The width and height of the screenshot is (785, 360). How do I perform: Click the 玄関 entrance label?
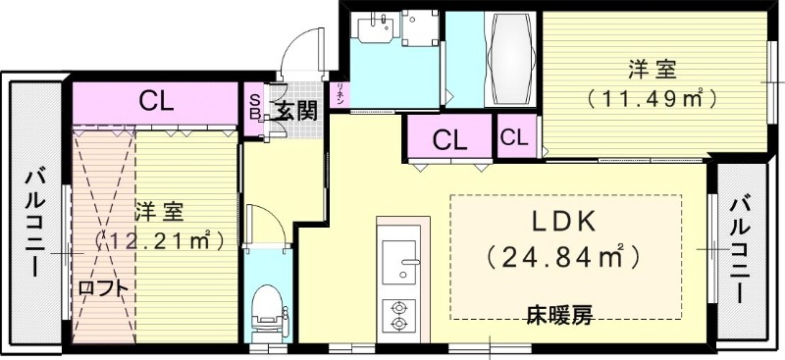click(x=295, y=110)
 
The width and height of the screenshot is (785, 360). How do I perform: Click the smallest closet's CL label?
click(x=513, y=137)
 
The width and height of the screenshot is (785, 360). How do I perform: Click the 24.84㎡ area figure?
click(x=565, y=258)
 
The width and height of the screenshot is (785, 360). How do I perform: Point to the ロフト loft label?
click(x=103, y=287)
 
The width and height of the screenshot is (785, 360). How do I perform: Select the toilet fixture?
click(x=266, y=308)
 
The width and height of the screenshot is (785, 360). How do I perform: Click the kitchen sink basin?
click(x=399, y=262)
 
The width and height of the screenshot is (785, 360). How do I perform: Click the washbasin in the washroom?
click(x=373, y=31)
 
